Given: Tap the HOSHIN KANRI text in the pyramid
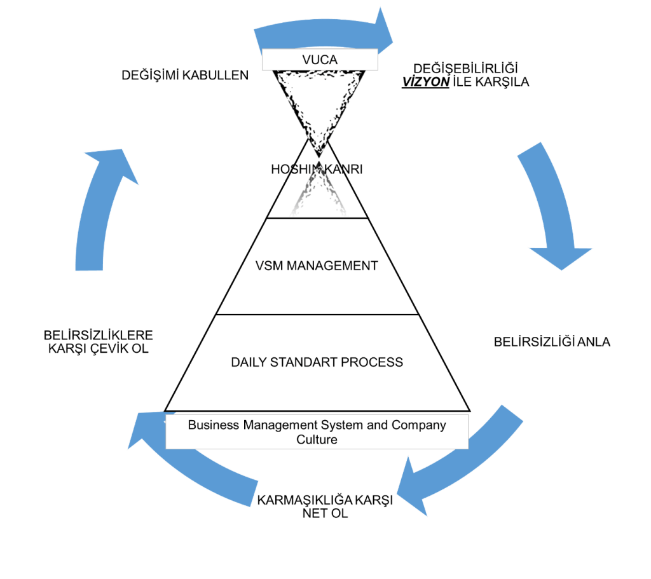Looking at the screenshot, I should point(308,170).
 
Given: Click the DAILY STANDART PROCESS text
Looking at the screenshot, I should point(317,362).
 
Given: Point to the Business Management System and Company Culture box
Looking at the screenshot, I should point(317,432).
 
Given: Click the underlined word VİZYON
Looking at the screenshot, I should point(425,82).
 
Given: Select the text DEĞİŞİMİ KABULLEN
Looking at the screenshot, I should point(184,76).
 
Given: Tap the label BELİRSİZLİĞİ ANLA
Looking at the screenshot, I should point(552,342).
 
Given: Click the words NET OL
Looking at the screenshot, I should point(325,513).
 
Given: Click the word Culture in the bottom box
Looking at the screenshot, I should point(317,439).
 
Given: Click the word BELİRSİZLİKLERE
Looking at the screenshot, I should point(99,335).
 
